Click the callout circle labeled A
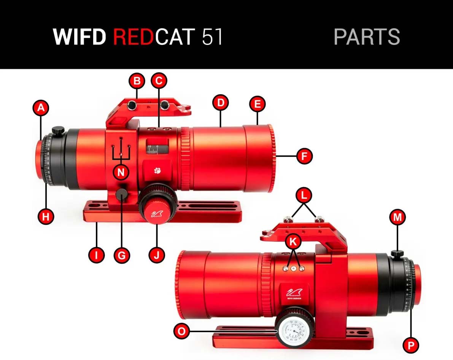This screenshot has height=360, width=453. coord(41,108)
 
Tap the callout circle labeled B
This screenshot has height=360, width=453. coord(137,81)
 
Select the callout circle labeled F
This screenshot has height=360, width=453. coord(304,156)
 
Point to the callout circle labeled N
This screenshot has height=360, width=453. coord(121,172)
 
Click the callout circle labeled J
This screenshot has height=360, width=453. coord(156,255)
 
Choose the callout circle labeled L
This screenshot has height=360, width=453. coord(304,196)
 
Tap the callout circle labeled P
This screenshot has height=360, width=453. coord(411,345)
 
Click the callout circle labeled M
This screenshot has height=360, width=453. coord(397,217)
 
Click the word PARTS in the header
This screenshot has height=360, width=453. coord(367,37)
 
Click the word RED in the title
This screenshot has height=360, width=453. coord(133,37)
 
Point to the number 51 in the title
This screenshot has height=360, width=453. coord(212,37)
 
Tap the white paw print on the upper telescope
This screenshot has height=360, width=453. coord(157,171)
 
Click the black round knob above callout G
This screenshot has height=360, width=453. coord(122,196)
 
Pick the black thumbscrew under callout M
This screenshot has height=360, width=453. coord(397,253)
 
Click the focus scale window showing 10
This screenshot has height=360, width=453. coord(157,147)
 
